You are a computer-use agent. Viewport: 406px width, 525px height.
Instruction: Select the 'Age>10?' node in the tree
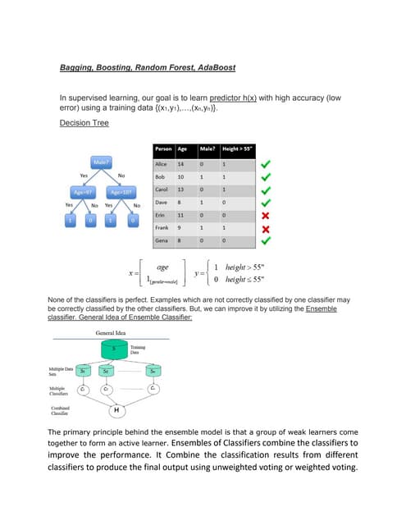[121, 192]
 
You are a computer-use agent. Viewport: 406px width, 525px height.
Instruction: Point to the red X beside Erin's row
[265, 214]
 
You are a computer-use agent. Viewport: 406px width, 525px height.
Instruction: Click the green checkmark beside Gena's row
[265, 240]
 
